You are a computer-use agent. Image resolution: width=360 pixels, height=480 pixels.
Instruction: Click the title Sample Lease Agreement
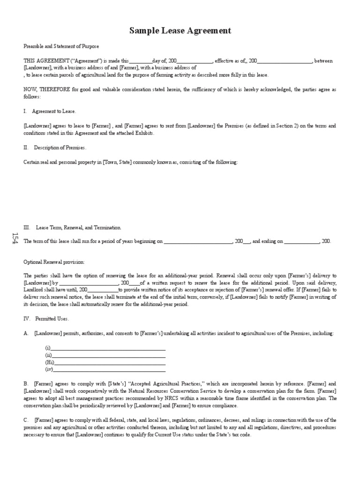[180, 31]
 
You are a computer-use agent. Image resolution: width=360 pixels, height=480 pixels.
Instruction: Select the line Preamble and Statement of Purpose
[61, 46]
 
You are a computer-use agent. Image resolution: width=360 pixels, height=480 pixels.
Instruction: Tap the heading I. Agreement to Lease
[49, 111]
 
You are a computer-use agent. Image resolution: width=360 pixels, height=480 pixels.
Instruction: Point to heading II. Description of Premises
[55, 148]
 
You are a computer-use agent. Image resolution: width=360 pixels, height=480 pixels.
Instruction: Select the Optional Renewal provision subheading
[54, 262]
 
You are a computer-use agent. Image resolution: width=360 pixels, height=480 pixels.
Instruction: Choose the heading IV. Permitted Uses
[46, 319]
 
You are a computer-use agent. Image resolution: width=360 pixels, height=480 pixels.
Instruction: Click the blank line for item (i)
[108, 349]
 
